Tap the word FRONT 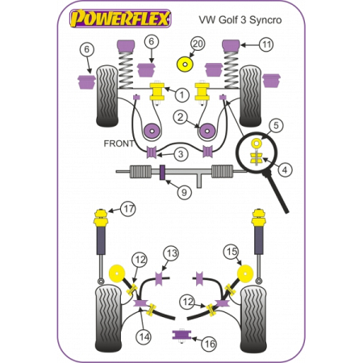point(119,144)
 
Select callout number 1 point(182,96)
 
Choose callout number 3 point(181,154)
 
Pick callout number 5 point(276,125)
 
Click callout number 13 point(170,254)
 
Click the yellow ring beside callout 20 point(186,61)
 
